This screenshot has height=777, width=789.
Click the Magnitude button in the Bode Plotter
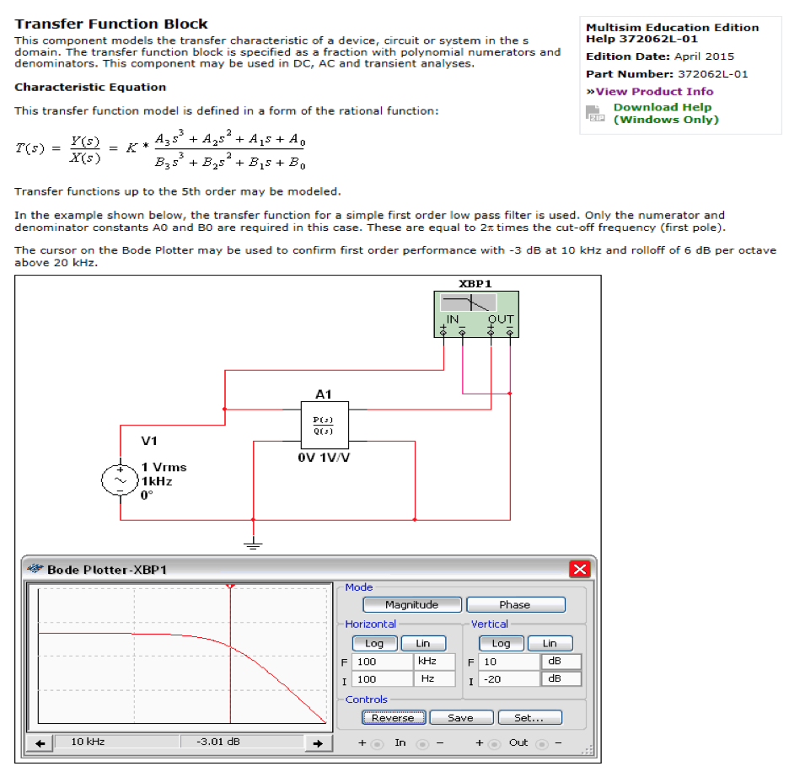click(x=412, y=604)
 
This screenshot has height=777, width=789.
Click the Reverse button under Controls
click(x=393, y=718)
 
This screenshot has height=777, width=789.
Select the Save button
click(x=460, y=718)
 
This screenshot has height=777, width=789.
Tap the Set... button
click(x=528, y=718)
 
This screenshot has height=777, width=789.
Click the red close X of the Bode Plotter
click(x=580, y=570)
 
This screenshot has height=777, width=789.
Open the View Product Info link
click(x=650, y=91)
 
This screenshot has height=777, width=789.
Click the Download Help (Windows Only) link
click(x=665, y=113)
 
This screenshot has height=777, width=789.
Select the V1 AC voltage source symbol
click(x=115, y=480)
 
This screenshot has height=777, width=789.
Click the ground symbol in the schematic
click(x=253, y=544)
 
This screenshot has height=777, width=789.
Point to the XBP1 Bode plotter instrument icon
click(x=476, y=314)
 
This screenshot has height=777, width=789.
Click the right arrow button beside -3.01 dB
click(x=317, y=743)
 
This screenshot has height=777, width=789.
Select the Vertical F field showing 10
click(x=508, y=662)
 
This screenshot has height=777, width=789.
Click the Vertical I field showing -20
click(x=508, y=678)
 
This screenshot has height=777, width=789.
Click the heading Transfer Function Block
click(x=111, y=24)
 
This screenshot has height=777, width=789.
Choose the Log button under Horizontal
click(x=374, y=643)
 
